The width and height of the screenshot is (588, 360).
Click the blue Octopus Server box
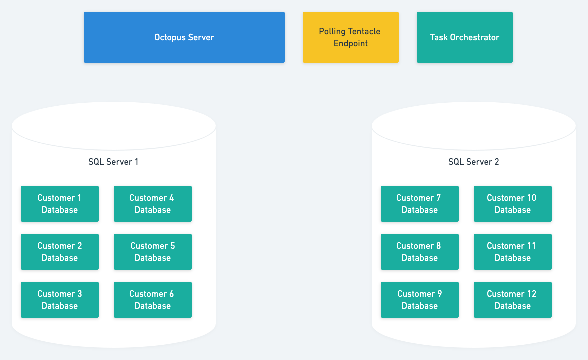pyautogui.click(x=184, y=37)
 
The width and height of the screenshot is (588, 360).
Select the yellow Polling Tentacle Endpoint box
pyautogui.click(x=350, y=37)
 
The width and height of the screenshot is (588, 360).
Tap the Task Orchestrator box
pyautogui.click(x=464, y=37)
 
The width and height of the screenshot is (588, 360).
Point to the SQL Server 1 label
pyautogui.click(x=113, y=162)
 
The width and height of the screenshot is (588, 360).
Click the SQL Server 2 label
pyautogui.click(x=473, y=162)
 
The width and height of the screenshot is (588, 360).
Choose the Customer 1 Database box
pyautogui.click(x=60, y=204)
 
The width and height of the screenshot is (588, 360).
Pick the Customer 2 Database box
pyautogui.click(x=60, y=252)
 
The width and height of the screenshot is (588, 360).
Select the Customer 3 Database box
pyautogui.click(x=60, y=300)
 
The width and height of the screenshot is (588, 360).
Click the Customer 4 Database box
pyautogui.click(x=152, y=204)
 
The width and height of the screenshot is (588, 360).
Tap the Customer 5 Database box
pyautogui.click(x=152, y=252)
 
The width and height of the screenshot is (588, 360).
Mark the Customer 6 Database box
pyautogui.click(x=152, y=300)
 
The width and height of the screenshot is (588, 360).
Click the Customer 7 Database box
pyautogui.click(x=420, y=204)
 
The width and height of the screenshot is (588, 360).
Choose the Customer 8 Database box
pyautogui.click(x=420, y=252)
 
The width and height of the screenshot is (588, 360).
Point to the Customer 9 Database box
pyautogui.click(x=420, y=300)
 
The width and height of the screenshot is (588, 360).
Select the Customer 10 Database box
pyautogui.click(x=512, y=204)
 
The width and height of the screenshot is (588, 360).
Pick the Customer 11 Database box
pyautogui.click(x=512, y=252)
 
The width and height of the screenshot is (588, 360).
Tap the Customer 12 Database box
pyautogui.click(x=512, y=300)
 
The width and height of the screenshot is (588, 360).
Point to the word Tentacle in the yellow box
pyautogui.click(x=363, y=31)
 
